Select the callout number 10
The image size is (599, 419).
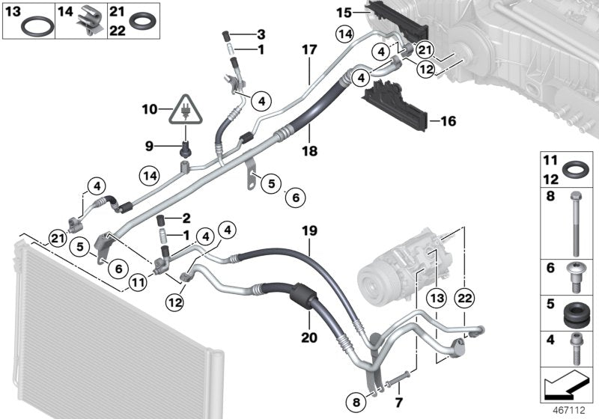click(x=150, y=109)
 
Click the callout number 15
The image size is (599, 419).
click(x=343, y=11)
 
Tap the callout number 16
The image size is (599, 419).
click(x=448, y=120)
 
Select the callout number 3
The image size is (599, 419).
click(x=261, y=34)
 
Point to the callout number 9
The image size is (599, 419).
click(x=148, y=144)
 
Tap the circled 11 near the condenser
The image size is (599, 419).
click(x=136, y=282)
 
